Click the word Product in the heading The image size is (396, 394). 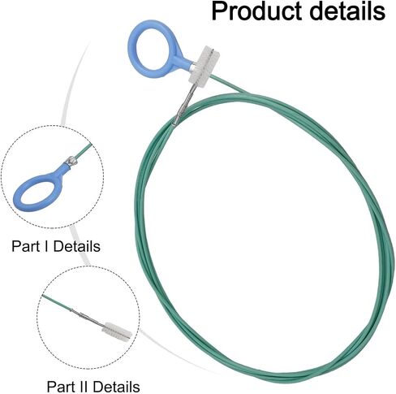257,11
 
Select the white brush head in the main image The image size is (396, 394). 204,65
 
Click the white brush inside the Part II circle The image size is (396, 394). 117,331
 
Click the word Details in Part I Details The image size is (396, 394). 77,246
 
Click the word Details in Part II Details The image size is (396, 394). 116,387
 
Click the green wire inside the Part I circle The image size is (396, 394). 84,151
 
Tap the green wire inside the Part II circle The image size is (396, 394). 56,302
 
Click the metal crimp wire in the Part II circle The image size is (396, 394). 87,317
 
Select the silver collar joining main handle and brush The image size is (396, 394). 192,67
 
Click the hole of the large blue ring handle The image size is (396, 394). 153,49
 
